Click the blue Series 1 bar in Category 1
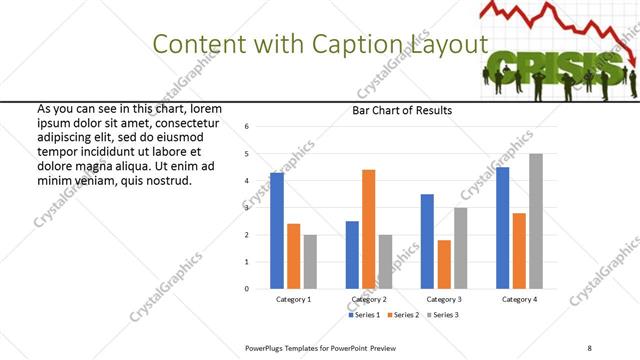click(x=277, y=231)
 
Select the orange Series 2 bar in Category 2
click(x=368, y=229)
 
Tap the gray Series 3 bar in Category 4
click(x=536, y=221)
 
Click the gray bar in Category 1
click(x=311, y=262)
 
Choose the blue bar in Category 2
click(x=352, y=255)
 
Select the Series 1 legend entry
click(x=365, y=314)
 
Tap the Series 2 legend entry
click(x=404, y=314)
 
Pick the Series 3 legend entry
click(x=443, y=314)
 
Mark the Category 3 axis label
click(x=444, y=299)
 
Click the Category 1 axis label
click(x=293, y=299)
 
